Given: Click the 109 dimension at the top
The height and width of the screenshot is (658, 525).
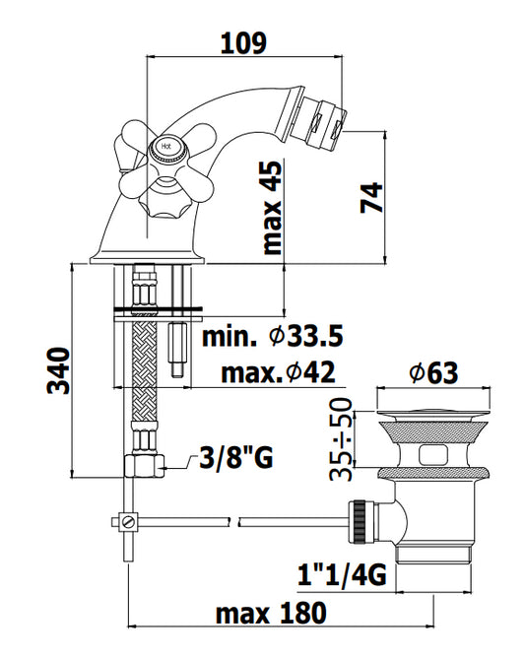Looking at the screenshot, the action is (243, 42).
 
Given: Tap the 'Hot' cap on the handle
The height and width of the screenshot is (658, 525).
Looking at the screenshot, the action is (166, 147).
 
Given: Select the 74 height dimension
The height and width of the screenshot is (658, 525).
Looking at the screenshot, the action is (371, 197).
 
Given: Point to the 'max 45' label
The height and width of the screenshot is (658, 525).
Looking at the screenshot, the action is (272, 208).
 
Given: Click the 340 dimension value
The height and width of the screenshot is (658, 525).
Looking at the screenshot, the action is (58, 370).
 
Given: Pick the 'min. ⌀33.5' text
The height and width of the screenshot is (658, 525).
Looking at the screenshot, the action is (273, 336).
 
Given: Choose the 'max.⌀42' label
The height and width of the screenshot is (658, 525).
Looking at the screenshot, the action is (278, 371).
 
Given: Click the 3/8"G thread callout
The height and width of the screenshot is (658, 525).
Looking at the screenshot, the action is (236, 457).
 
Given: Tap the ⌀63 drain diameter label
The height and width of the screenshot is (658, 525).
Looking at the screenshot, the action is (434, 372).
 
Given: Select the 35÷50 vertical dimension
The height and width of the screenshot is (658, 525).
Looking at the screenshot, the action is (341, 439).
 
